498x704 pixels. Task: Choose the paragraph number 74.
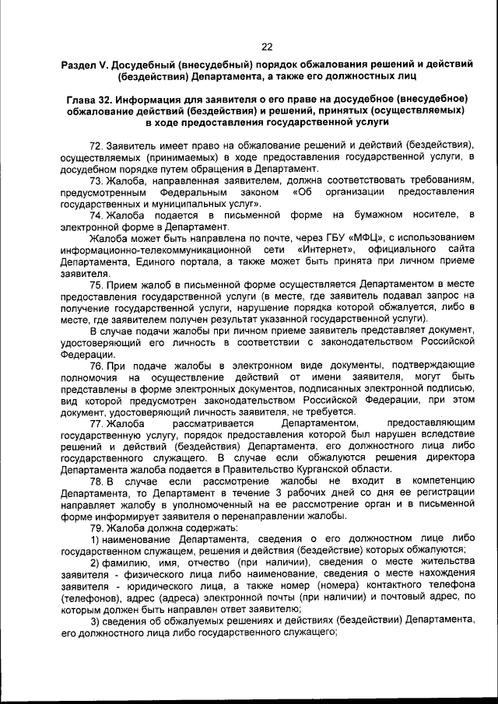click(x=96, y=214)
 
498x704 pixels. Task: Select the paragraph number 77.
click(x=96, y=423)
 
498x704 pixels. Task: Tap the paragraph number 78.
click(x=96, y=482)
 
